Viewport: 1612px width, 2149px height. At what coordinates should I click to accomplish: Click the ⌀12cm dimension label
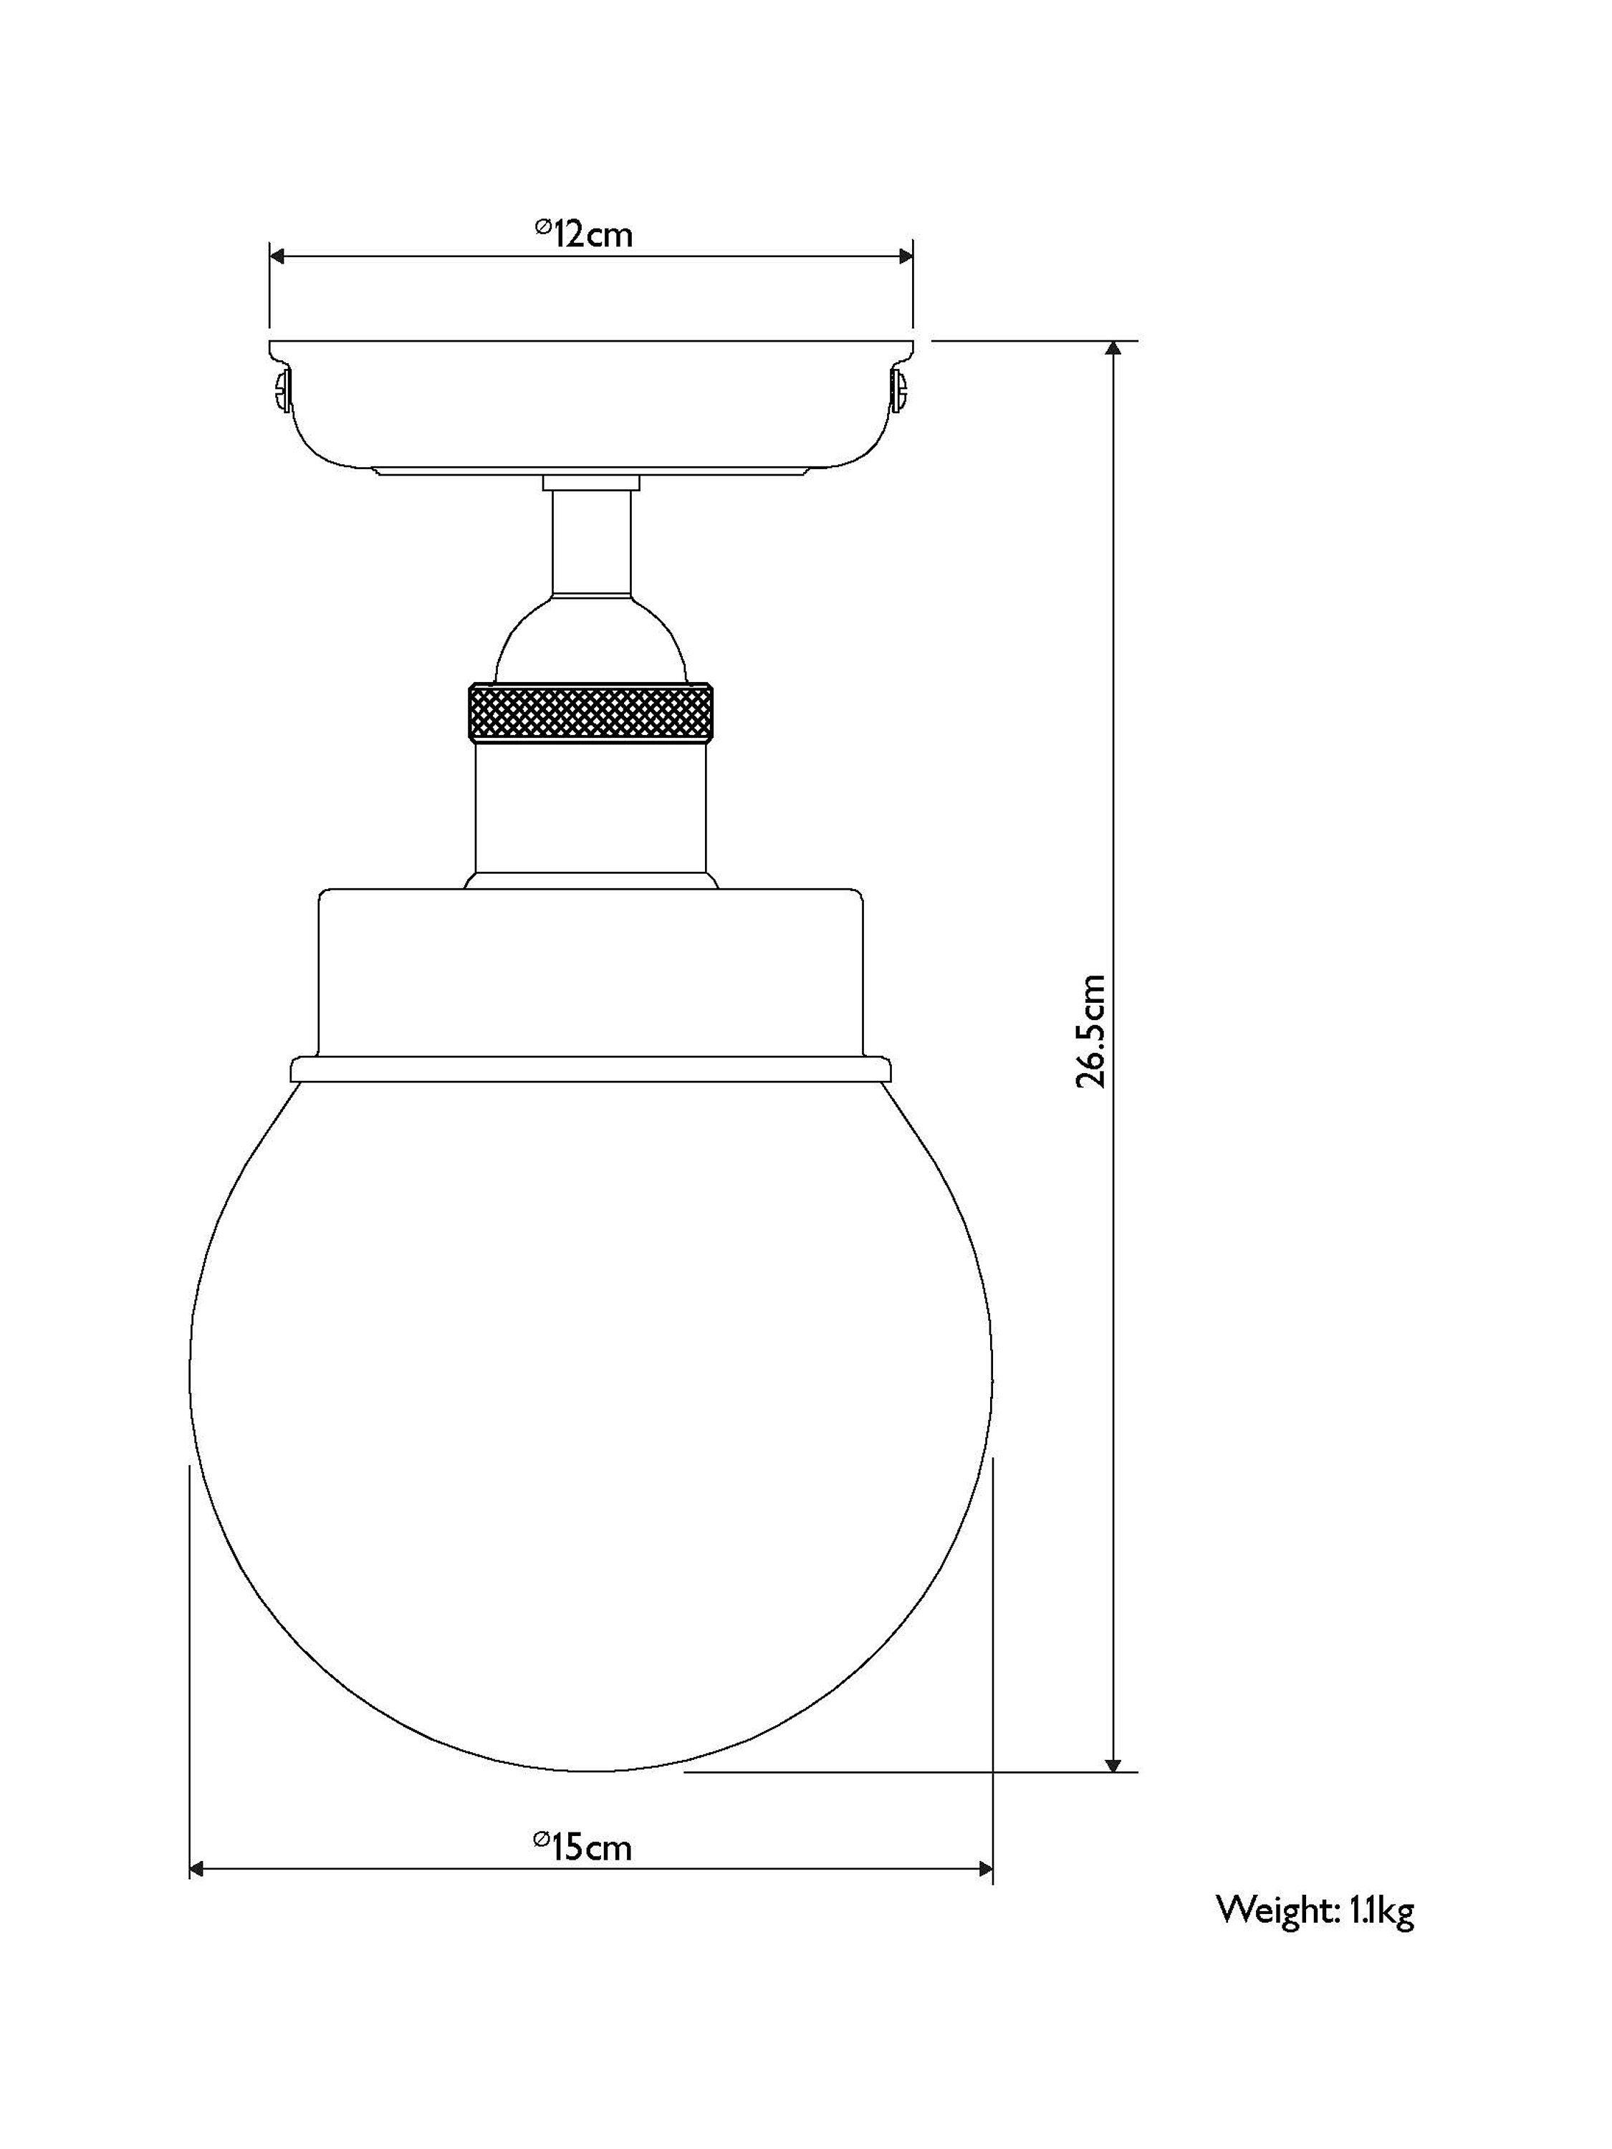(583, 233)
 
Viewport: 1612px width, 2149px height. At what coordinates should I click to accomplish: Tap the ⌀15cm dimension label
(583, 1846)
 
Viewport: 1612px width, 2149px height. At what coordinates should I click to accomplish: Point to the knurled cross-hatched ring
(592, 712)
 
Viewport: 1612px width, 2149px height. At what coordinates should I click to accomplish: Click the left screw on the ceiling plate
(282, 390)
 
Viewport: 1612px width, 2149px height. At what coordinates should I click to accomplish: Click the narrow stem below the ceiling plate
(592, 542)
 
